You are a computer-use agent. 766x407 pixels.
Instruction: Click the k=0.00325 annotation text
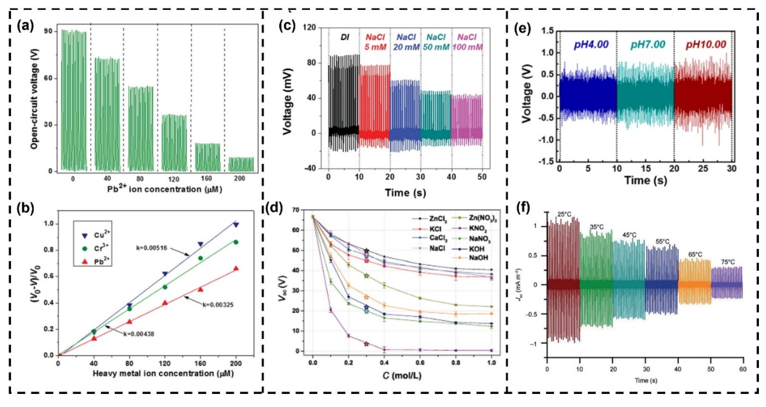tap(218, 305)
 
